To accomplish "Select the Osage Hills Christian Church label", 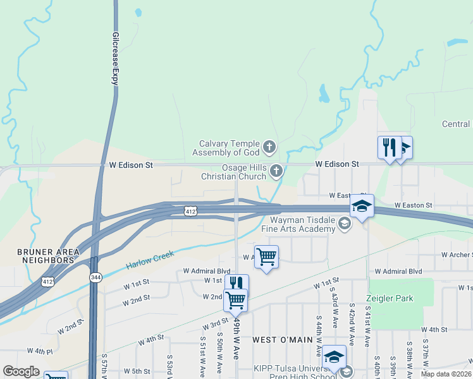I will pos(234,171).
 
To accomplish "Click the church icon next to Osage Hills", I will pos(276,171).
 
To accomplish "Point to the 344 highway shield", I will pos(95,277).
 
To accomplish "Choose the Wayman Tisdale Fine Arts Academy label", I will pos(302,224).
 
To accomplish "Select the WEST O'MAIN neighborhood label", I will pos(283,340).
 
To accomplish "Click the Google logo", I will pos(21,371).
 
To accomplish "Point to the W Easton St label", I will pos(413,205).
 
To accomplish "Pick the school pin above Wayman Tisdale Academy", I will pos(362,206).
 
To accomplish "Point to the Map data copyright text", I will pos(445,374).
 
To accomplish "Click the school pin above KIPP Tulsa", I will pos(333,357).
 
